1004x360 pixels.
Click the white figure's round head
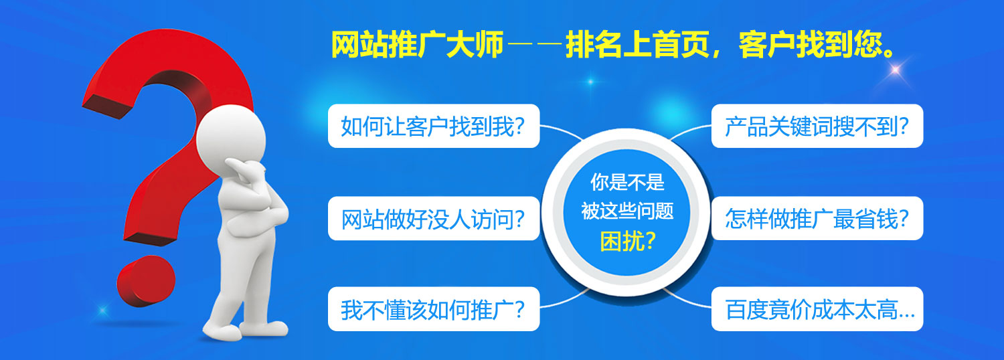click(x=232, y=137)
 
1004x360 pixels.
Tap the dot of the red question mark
click(x=146, y=281)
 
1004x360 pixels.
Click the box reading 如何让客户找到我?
click(x=434, y=126)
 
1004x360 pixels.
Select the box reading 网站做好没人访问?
click(x=434, y=218)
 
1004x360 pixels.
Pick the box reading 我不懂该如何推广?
click(x=434, y=309)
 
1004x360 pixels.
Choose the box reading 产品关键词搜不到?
click(x=817, y=126)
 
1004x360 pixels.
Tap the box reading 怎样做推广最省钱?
click(x=817, y=218)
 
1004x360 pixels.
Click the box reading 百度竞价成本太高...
click(x=817, y=309)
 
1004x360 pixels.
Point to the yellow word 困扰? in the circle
click(x=628, y=242)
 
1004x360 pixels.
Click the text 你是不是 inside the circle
click(x=627, y=183)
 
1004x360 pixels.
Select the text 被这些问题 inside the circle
click(x=627, y=211)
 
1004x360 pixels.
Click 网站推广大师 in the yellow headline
click(x=417, y=44)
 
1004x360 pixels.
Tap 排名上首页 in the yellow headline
click(x=639, y=44)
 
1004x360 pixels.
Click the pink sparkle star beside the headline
click(x=895, y=70)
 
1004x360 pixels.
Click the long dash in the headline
click(x=535, y=44)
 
